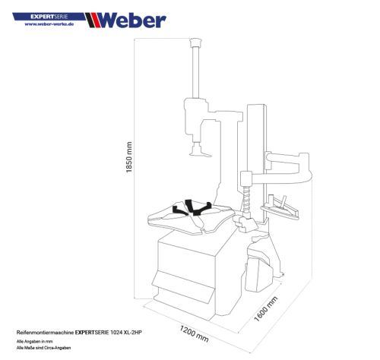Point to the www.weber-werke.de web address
(x=49, y=24)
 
